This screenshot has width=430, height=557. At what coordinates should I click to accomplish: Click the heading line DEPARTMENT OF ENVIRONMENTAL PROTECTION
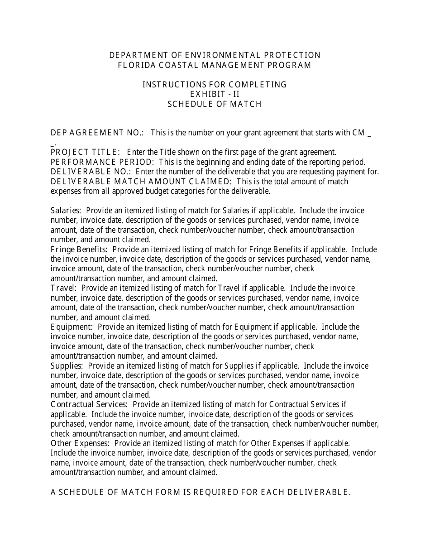(215, 55)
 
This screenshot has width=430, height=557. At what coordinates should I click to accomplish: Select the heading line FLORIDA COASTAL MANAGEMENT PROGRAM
(215, 65)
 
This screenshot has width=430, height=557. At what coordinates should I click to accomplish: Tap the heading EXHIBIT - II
(215, 94)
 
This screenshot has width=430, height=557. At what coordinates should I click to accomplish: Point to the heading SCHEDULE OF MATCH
(215, 104)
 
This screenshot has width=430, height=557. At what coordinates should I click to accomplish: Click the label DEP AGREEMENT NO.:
(97, 133)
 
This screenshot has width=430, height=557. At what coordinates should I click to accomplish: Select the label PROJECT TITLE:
(86, 152)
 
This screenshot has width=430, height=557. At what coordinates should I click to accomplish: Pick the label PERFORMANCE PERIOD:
(103, 162)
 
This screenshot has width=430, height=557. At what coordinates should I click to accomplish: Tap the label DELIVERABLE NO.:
(91, 172)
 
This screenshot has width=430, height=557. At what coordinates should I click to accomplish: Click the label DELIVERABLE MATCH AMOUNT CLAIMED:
(142, 182)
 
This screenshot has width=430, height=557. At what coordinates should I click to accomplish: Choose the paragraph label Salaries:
(66, 211)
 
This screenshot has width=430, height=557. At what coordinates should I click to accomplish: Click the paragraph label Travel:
(64, 288)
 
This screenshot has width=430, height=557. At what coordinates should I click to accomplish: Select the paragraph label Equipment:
(72, 327)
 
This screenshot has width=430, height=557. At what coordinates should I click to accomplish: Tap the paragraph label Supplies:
(67, 366)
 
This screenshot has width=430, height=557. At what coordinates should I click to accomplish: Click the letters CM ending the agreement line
(358, 133)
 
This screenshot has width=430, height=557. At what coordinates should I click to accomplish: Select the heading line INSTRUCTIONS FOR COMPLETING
(215, 85)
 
